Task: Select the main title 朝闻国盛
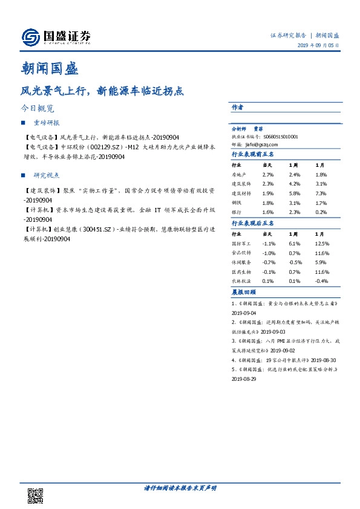tap(49, 67)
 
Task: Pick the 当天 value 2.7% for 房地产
tap(268, 174)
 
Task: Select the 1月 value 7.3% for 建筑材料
tap(321, 193)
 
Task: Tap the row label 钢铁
tap(236, 203)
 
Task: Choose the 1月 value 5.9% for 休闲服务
tap(321, 262)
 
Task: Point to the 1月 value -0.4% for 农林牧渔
tap(322, 281)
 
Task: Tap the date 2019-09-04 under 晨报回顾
tap(244, 314)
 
